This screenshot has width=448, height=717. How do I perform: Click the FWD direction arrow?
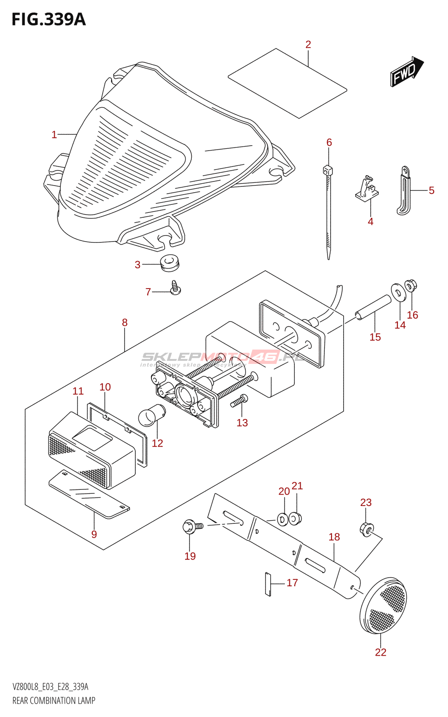(x=407, y=72)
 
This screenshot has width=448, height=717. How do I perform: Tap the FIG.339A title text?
(x=48, y=20)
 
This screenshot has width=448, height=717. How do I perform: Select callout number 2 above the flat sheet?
(x=308, y=44)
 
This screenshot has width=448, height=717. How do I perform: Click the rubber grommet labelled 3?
(x=169, y=263)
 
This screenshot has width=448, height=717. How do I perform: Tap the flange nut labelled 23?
(x=366, y=530)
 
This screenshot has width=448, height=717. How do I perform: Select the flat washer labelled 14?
(x=397, y=291)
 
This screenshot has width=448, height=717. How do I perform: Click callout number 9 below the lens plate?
(x=94, y=534)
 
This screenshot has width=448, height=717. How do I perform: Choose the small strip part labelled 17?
(x=268, y=584)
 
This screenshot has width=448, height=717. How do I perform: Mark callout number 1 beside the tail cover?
(x=54, y=134)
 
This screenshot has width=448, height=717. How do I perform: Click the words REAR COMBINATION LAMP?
(x=54, y=700)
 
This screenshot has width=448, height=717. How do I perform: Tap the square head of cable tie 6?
(x=327, y=170)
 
